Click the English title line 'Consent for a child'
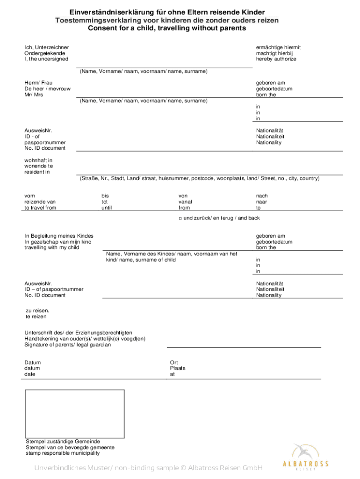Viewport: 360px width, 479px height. (167, 28)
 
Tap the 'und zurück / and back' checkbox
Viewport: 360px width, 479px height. (180, 218)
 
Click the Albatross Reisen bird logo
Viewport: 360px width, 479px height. (304, 452)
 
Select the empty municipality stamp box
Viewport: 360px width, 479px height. (75, 414)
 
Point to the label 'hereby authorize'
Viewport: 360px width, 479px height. (276, 59)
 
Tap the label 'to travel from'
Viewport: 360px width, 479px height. (40, 208)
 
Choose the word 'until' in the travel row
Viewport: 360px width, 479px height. (107, 208)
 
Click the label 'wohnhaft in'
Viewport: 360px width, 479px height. (38, 160)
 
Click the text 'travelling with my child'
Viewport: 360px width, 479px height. (52, 247)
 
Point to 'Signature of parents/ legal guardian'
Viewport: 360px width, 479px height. (68, 345)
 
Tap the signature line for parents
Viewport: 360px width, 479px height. (244, 347)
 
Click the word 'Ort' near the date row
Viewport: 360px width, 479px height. (174, 363)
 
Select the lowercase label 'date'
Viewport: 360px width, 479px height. (30, 374)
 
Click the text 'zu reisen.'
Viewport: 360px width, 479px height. (37, 310)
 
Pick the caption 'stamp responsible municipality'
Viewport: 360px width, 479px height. (63, 453)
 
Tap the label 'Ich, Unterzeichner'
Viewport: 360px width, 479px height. (47, 47)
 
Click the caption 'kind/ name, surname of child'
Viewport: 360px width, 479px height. (141, 260)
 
